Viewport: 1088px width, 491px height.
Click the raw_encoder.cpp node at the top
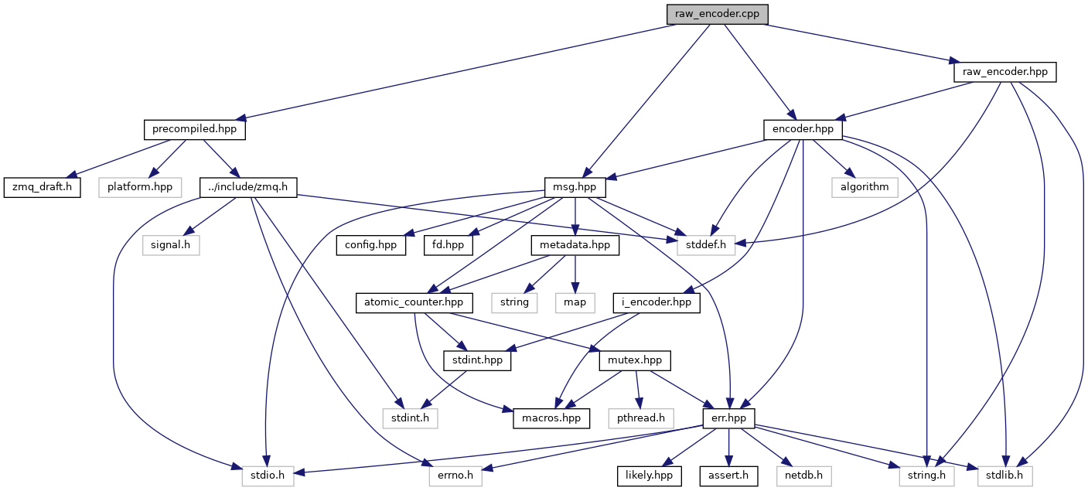[718, 14]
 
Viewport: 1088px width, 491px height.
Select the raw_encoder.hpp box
[1004, 72]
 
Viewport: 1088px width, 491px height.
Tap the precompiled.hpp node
[194, 130]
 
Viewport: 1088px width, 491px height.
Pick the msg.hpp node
[575, 188]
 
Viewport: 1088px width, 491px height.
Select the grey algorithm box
[865, 188]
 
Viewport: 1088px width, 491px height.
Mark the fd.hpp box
[448, 245]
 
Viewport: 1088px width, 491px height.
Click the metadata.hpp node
[575, 245]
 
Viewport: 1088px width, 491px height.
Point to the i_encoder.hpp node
[657, 302]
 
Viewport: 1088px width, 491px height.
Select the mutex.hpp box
[634, 360]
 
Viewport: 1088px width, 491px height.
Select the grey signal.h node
[169, 245]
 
